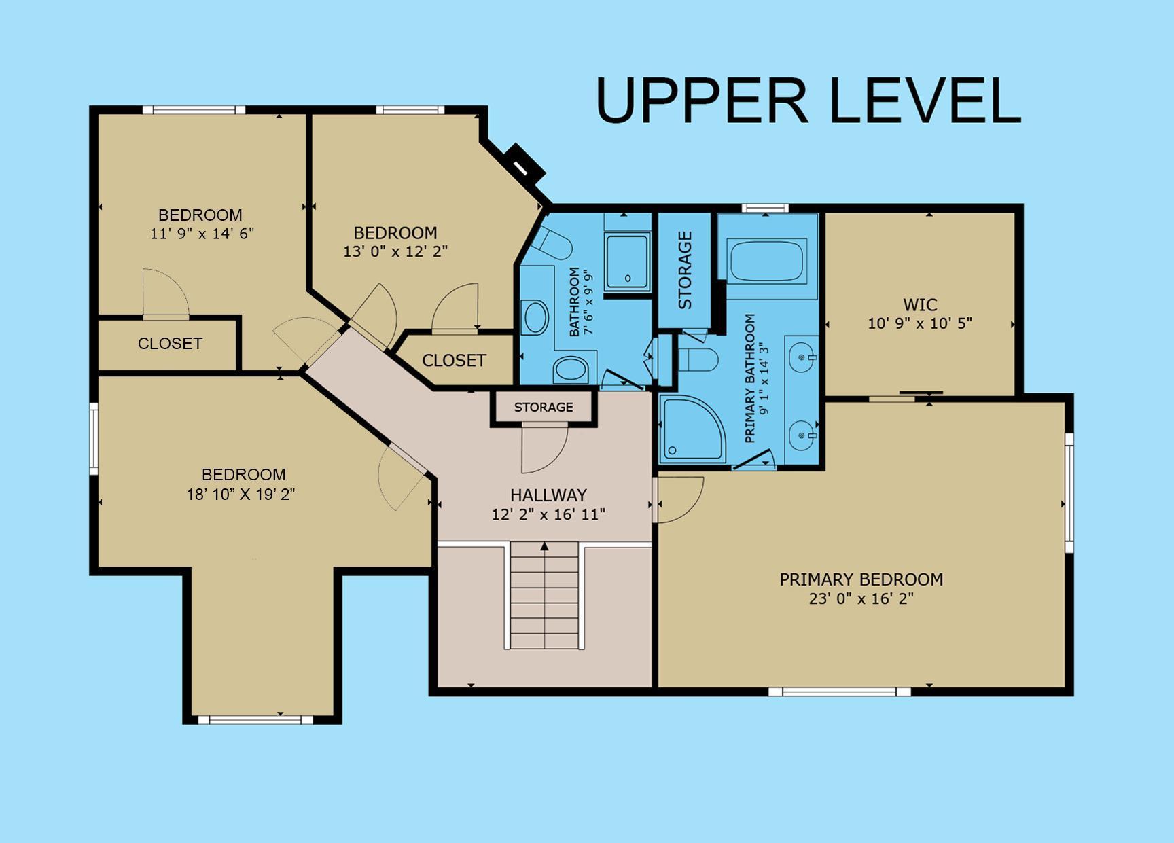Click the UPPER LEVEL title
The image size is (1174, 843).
pyautogui.click(x=808, y=101)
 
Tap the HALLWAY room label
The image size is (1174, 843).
pyautogui.click(x=548, y=495)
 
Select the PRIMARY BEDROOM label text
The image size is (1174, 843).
pyautogui.click(x=861, y=579)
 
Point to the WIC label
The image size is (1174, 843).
pyautogui.click(x=920, y=305)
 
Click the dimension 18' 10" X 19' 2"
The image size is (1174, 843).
pyautogui.click(x=241, y=494)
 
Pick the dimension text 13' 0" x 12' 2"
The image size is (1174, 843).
pyautogui.click(x=395, y=251)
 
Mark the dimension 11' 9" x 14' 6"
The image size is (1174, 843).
pyautogui.click(x=202, y=234)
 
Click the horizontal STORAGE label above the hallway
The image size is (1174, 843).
pyautogui.click(x=544, y=407)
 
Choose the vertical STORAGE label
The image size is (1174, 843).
pyautogui.click(x=685, y=270)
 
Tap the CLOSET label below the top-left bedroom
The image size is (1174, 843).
pyautogui.click(x=170, y=344)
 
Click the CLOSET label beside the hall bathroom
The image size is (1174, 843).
pyautogui.click(x=454, y=360)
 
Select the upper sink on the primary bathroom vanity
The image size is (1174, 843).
pyautogui.click(x=802, y=356)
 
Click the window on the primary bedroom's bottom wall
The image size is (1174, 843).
pyautogui.click(x=839, y=692)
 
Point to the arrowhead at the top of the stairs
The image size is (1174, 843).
pyautogui.click(x=544, y=545)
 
